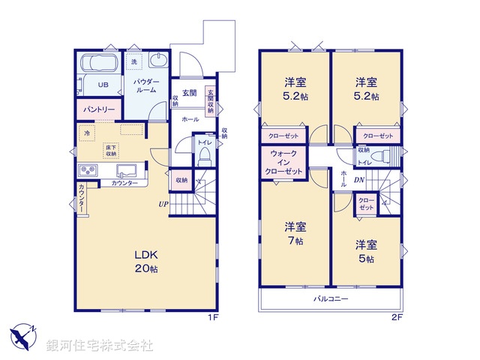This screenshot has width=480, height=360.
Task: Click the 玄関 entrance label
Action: pos(189,93)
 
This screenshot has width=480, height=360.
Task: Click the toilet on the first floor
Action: pos(204,157)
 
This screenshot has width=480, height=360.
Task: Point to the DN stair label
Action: pos(359,180)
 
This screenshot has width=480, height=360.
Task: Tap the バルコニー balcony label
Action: pos(331,298)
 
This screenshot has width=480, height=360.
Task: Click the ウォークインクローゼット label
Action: pos(283,163)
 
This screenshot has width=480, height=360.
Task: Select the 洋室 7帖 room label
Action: pos(294,233)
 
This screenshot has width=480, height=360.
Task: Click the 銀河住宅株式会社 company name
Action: pos(100,345)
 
